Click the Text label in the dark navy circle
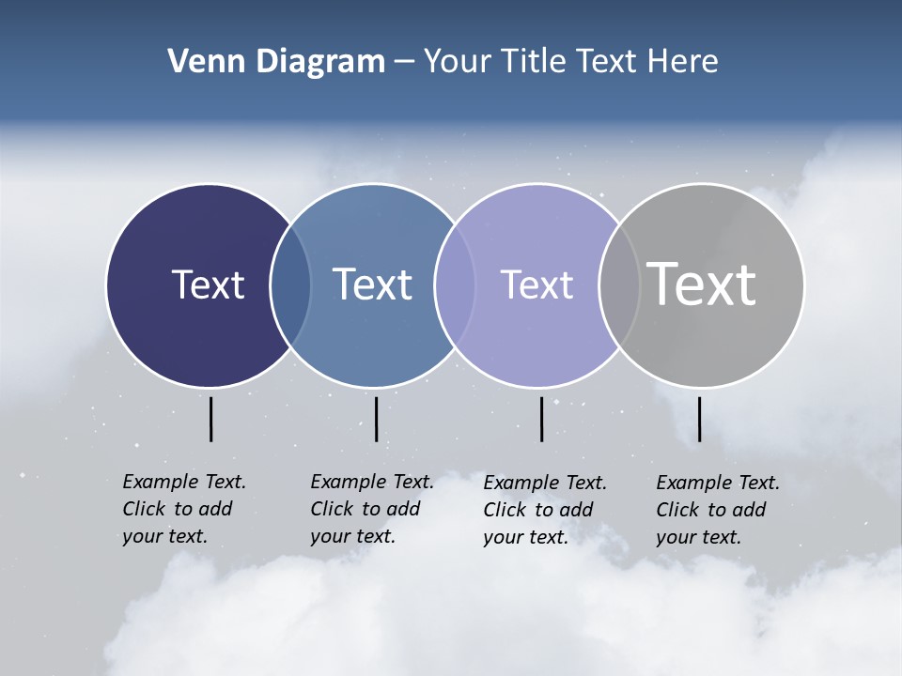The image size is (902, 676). coord(208,284)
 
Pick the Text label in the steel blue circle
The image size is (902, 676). coord(372,284)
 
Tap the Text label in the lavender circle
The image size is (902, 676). coord(537,284)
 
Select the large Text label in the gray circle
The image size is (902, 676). coord(701,284)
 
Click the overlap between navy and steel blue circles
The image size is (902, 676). coord(290,284)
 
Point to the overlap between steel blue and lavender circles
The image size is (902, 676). coord(455,284)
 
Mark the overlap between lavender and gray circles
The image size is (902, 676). coord(619,284)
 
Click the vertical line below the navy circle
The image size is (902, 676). coord(211,419)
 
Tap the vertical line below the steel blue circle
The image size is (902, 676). coord(376,419)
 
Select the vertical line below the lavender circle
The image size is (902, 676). coord(541,419)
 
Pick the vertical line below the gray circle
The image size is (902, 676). coord(699,419)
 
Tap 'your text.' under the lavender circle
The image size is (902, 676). coord(525,537)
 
